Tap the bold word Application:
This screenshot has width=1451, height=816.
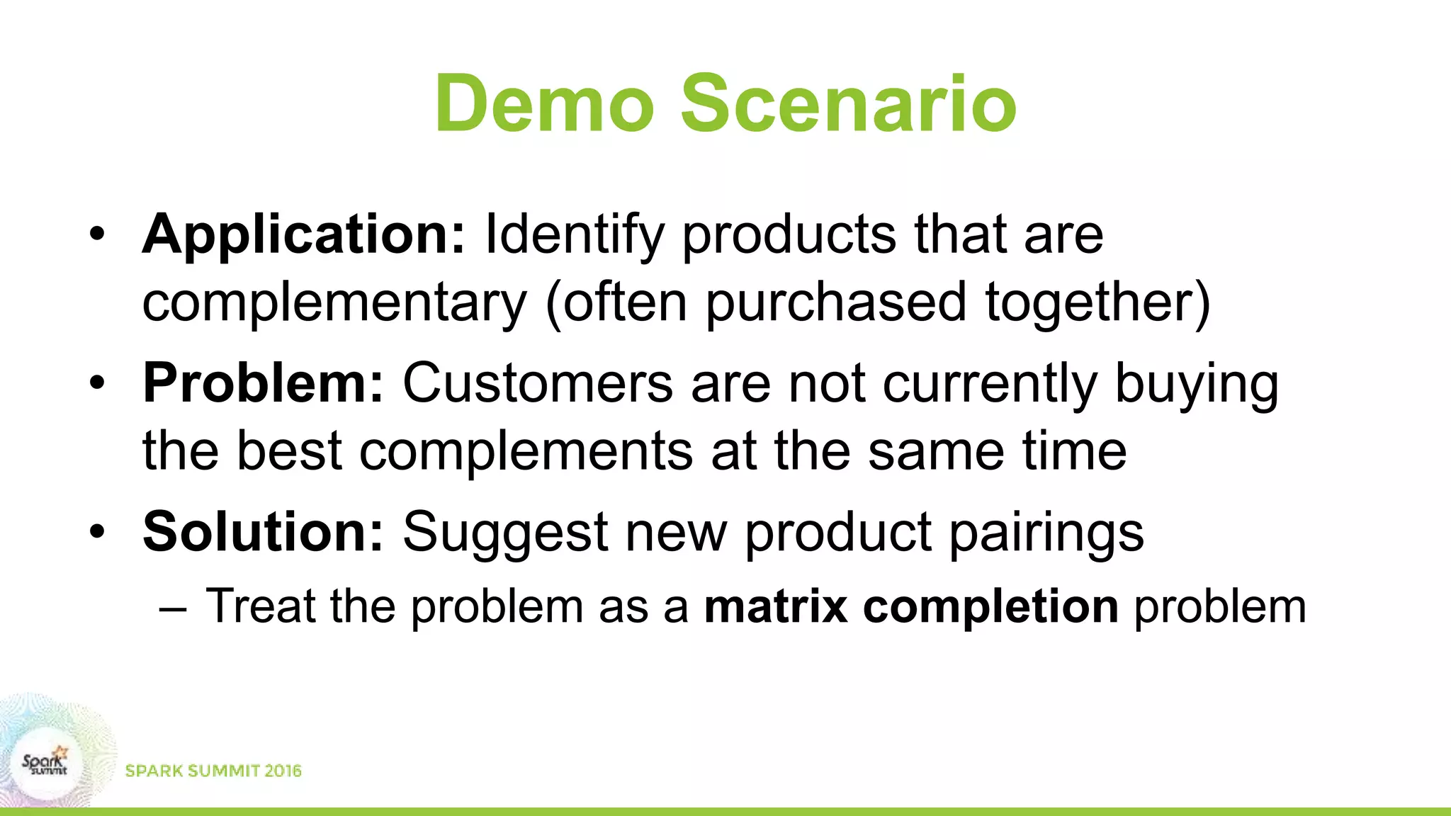click(303, 235)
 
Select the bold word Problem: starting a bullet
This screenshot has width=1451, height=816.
click(263, 383)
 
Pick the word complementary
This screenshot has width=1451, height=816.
click(334, 303)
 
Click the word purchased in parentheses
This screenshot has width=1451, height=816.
click(836, 303)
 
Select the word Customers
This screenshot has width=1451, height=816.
click(537, 383)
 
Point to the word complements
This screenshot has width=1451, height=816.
click(525, 452)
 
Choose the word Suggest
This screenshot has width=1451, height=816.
click(504, 533)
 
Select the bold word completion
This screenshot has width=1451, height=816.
click(990, 608)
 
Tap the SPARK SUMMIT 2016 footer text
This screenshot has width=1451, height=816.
click(213, 771)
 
